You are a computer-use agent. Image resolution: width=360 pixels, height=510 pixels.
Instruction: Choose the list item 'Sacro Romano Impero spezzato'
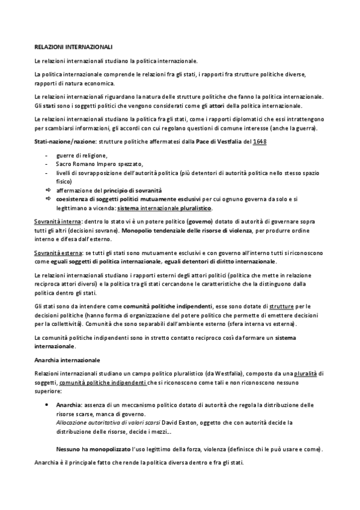pyautogui.click(x=99, y=164)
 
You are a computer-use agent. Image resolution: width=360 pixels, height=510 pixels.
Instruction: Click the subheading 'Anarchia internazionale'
pyautogui.click(x=67, y=360)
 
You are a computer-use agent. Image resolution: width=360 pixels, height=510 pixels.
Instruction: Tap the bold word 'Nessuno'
pyautogui.click(x=69, y=449)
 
